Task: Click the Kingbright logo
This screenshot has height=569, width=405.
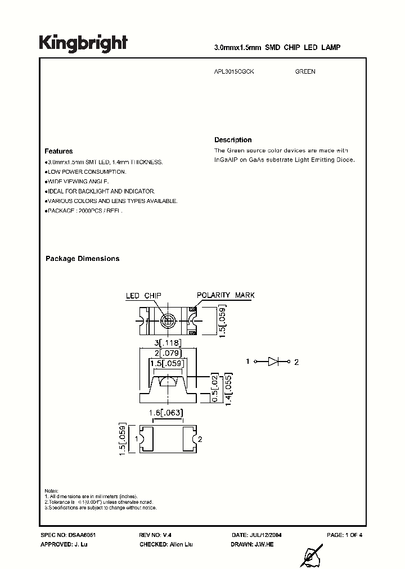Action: pos(83,43)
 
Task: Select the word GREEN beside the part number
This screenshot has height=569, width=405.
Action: pos(305,71)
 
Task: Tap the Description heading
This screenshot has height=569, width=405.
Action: pos(233,140)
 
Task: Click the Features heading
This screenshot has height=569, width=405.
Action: pos(58,151)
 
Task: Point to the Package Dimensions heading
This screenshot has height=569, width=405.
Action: pos(82,259)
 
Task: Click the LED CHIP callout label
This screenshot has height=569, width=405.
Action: pos(143,295)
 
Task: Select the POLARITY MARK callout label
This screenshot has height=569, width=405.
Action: pos(225,295)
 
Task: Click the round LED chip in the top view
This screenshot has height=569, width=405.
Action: pos(166,320)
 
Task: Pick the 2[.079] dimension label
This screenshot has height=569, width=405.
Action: pos(166,354)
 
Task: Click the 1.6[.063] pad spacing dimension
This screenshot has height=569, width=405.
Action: pos(166,414)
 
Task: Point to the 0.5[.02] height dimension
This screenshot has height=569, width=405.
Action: pos(214,387)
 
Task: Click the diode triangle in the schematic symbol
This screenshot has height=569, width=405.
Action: pos(273,362)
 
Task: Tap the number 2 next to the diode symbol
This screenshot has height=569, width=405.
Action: pos(296,362)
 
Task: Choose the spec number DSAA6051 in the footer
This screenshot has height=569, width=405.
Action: pos(71,535)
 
